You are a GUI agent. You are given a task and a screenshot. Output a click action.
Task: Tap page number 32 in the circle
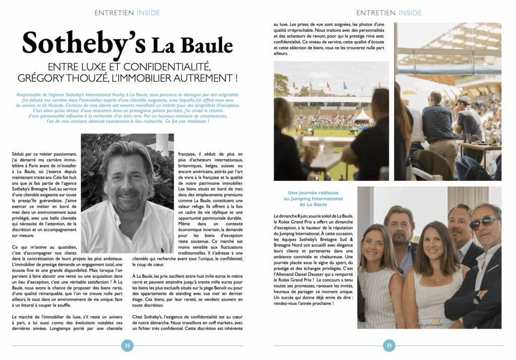click(x=127, y=345)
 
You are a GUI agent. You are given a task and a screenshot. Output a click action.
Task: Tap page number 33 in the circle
click(x=389, y=345)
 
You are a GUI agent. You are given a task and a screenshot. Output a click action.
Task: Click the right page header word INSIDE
click(x=409, y=13)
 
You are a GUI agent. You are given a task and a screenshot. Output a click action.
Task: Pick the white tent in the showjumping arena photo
click(x=363, y=115)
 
